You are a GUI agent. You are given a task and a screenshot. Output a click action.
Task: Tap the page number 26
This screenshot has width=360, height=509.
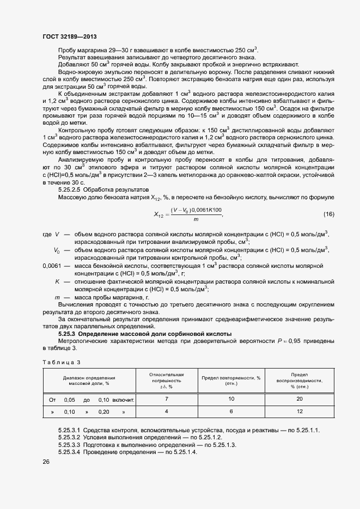coord(46,462)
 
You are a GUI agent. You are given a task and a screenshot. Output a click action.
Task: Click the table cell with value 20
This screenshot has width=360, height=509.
coord(299,400)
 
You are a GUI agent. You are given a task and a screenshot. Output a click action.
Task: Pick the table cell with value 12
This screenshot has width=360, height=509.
coord(299,412)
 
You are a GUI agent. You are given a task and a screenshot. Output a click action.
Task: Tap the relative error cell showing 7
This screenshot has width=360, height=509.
coord(166,400)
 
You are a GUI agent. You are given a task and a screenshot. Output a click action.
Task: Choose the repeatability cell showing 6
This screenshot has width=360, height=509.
coord(231,412)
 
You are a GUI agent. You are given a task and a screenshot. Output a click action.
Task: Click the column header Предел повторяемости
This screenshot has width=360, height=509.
coord(231,380)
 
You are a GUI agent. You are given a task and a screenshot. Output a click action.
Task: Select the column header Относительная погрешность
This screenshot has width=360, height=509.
coord(166,380)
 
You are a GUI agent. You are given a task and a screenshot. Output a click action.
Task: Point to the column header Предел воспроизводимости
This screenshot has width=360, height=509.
coord(299,380)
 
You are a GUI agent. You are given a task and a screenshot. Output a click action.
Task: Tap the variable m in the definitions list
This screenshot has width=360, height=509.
coord(57,298)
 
